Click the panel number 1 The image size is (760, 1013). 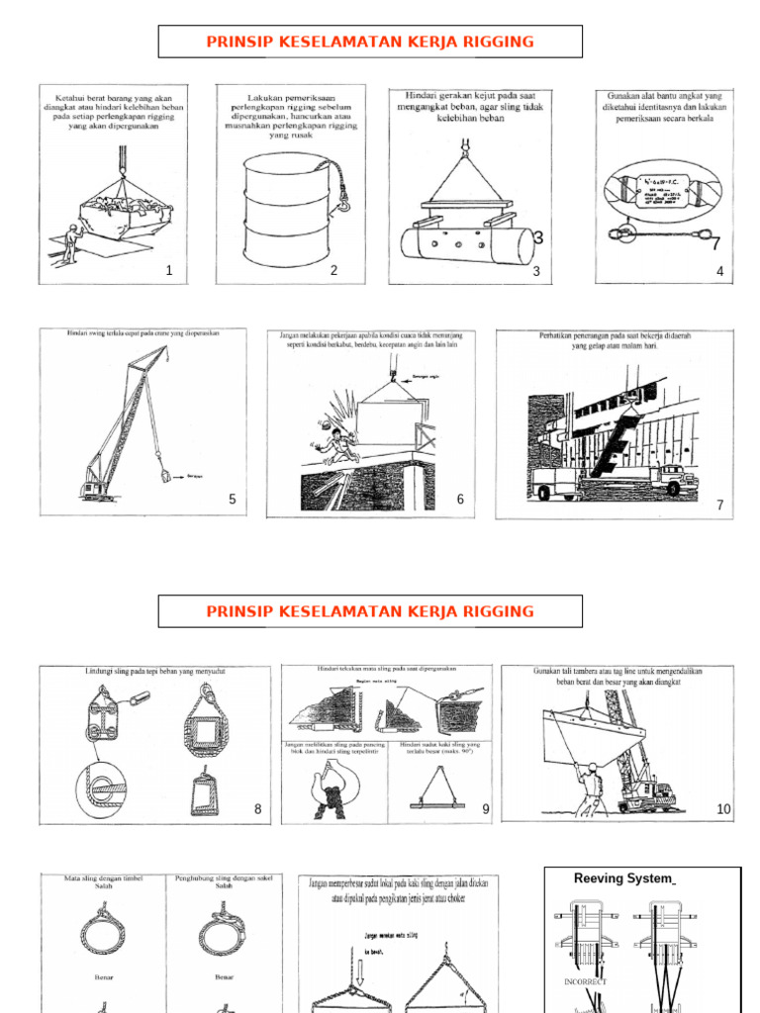coord(169,271)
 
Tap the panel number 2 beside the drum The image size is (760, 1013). coord(333,270)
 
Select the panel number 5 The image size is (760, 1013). coord(233,500)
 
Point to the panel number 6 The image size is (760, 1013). coord(460,500)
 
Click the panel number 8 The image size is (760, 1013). coord(257,809)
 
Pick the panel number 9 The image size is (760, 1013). coord(486,809)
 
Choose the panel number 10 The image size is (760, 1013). coord(723,809)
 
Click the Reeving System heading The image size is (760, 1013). coord(623,878)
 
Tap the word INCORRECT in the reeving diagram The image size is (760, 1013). coord(586,981)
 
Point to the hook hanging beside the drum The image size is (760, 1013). coord(344,206)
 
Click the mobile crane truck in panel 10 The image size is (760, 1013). coord(648,786)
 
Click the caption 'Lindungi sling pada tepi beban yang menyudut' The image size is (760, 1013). coord(155,672)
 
